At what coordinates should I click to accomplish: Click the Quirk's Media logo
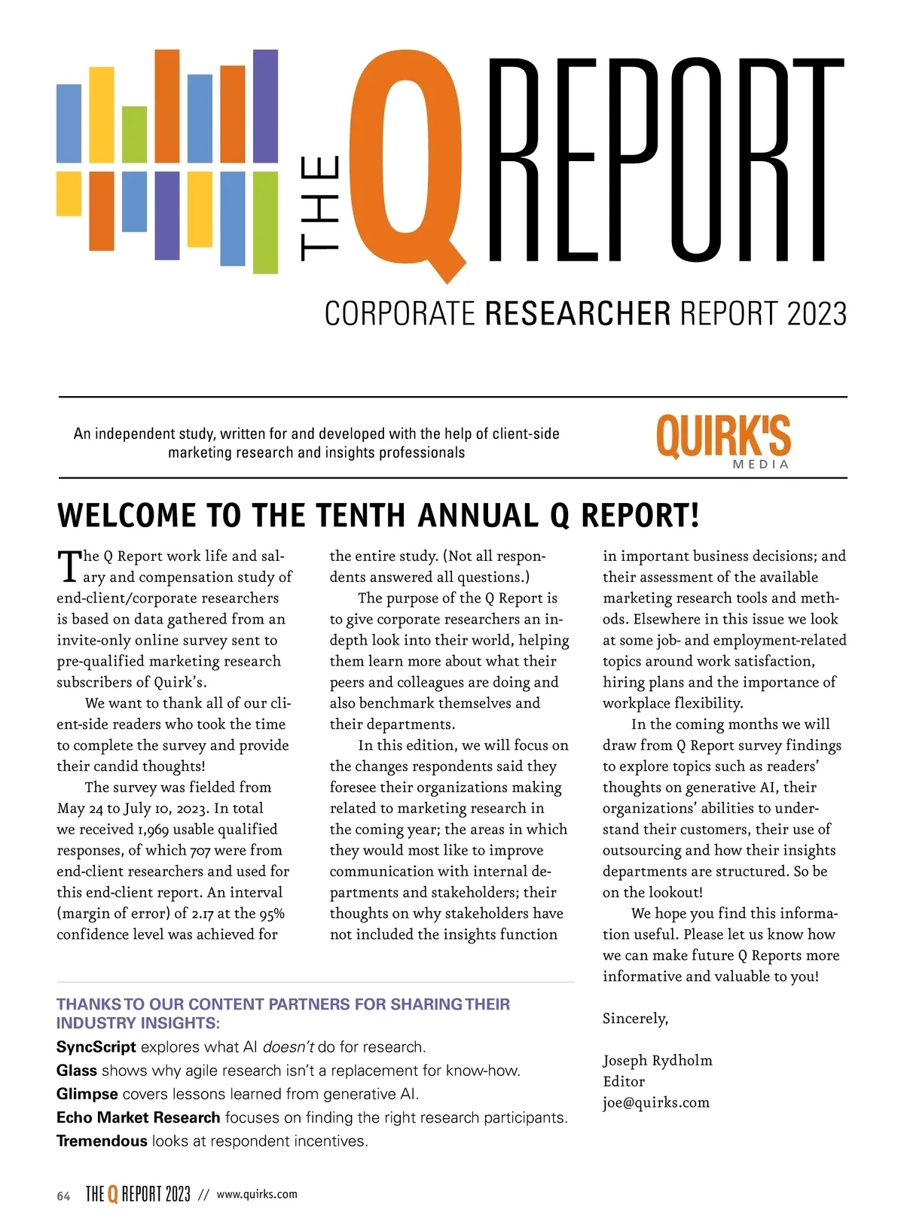[x=723, y=440]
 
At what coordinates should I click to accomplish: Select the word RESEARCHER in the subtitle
[x=577, y=314]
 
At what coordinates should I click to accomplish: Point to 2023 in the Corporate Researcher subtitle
[x=817, y=314]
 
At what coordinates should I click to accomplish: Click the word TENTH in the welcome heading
[x=362, y=516]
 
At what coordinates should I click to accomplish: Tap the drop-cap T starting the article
[x=69, y=566]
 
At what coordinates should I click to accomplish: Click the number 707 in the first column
[x=200, y=850]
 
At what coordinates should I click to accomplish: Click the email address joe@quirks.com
[x=655, y=1102]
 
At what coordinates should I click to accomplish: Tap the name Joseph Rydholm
[x=657, y=1060]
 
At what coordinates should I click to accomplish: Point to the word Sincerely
[x=635, y=1019]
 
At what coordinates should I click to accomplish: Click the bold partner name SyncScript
[x=96, y=1047]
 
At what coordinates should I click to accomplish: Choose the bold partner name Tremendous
[x=102, y=1141]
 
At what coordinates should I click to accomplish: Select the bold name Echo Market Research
[x=138, y=1117]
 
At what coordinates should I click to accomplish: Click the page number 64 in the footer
[x=63, y=1196]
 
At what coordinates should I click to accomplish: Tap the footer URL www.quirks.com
[x=257, y=1194]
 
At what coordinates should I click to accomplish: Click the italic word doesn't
[x=288, y=1047]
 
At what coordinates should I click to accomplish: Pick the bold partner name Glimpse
[x=87, y=1094]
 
